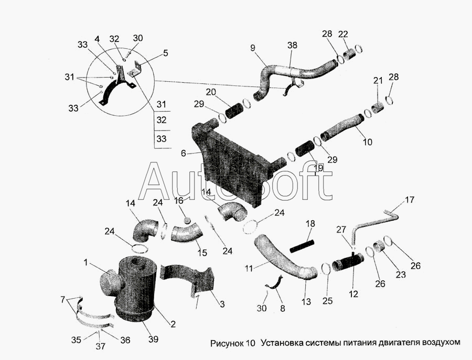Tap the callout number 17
coord(409,200)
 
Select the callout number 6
coord(184,154)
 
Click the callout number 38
coord(292,46)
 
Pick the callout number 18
coord(310,224)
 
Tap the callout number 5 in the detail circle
coord(165,53)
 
